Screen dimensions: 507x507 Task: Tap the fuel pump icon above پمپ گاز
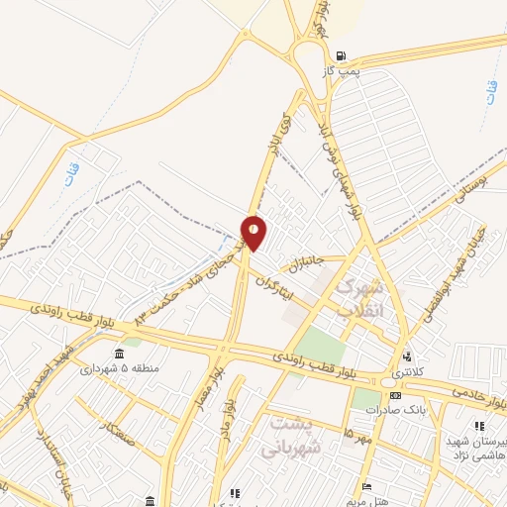click(x=342, y=56)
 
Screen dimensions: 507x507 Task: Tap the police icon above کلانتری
click(x=407, y=357)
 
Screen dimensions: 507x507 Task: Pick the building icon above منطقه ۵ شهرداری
click(x=120, y=354)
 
